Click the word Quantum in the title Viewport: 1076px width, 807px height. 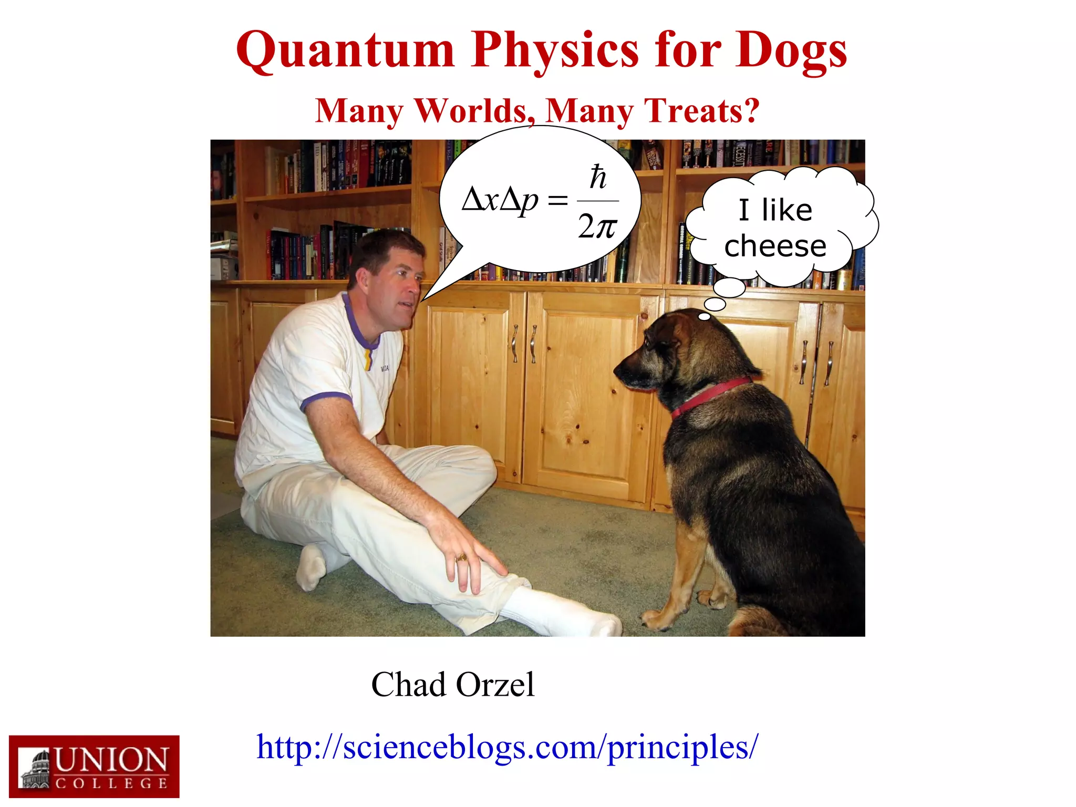click(345, 51)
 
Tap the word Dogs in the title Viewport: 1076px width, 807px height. click(791, 51)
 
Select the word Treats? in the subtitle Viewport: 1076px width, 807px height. click(702, 111)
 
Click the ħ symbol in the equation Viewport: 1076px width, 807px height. click(598, 178)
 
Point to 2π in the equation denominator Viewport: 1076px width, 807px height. click(597, 227)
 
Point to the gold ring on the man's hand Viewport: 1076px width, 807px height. click(462, 557)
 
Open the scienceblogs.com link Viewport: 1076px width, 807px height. click(507, 747)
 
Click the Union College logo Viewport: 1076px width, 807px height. click(94, 767)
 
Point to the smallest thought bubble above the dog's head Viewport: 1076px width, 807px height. click(704, 316)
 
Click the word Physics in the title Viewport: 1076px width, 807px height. click(555, 51)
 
